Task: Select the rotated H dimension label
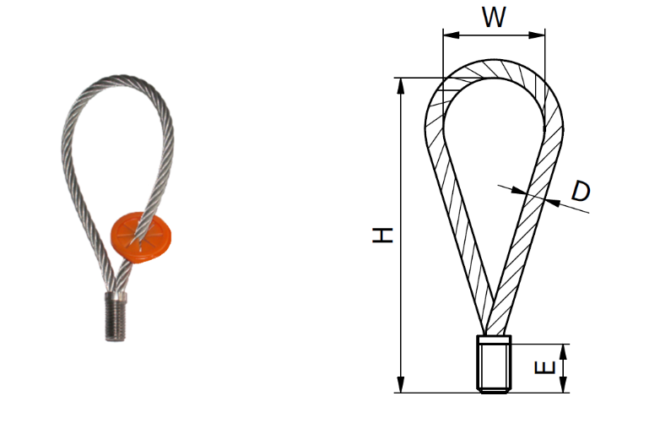(383, 236)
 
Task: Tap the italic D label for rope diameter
(580, 191)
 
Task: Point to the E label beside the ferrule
(546, 367)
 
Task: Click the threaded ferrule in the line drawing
(494, 364)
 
